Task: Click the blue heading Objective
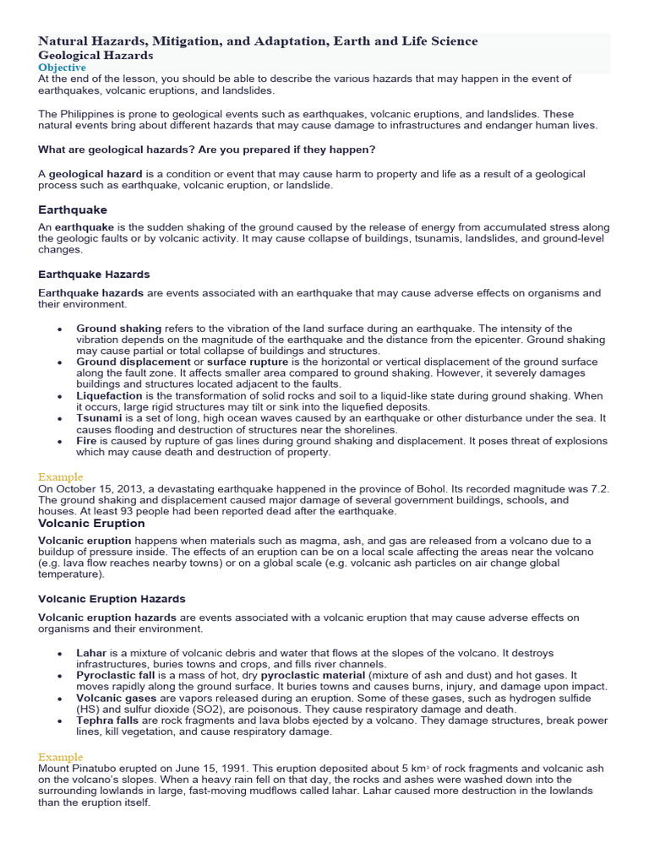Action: tap(62, 67)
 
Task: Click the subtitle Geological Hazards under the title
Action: tap(95, 55)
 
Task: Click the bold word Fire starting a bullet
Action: tap(87, 441)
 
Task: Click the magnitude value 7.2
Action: tap(599, 489)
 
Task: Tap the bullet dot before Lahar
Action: tap(59, 655)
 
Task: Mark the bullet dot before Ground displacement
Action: tap(59, 362)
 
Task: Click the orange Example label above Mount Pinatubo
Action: tap(61, 758)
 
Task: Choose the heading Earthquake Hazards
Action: tap(94, 275)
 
